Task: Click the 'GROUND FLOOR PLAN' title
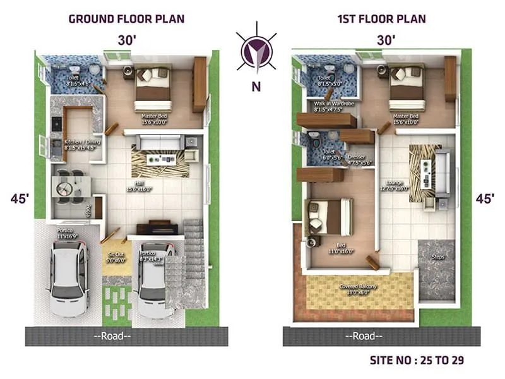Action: coord(126,18)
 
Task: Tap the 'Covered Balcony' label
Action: coord(358,289)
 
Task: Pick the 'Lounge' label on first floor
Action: coord(395,183)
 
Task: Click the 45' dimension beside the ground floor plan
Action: coord(20,198)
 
